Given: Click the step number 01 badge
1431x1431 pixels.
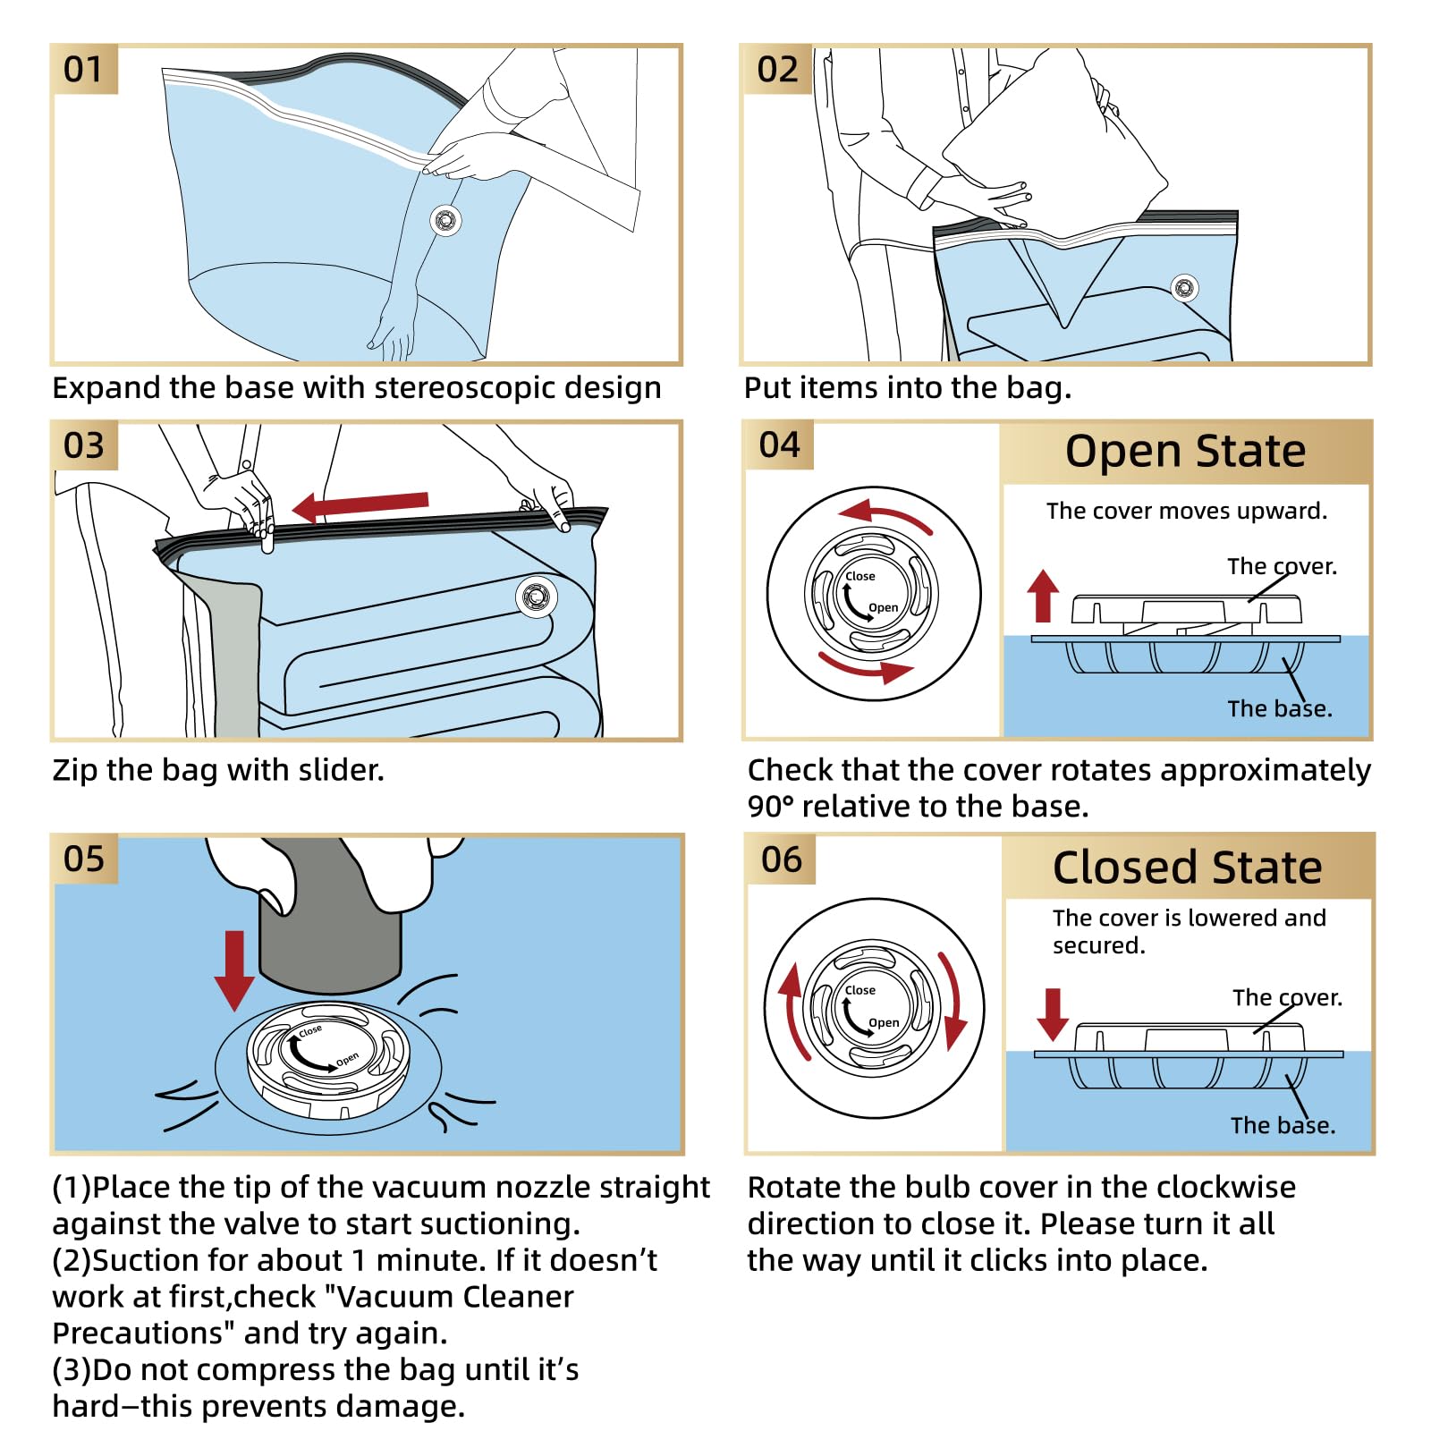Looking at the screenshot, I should coord(83,70).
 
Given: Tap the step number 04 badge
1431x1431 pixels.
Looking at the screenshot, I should coord(779,445).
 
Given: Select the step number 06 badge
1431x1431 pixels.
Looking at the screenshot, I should coord(781,859).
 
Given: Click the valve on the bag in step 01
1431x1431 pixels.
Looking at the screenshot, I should coord(445,219).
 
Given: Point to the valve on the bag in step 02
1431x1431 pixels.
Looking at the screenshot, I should coord(1184,288).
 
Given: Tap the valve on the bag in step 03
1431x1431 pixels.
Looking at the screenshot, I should coord(536,597).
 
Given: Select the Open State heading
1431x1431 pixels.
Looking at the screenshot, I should coord(1185,451).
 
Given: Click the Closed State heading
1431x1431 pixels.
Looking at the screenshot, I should coord(1187,868).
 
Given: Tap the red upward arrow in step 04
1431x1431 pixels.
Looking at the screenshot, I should coord(1043,596).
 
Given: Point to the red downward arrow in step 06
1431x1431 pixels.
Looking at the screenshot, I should coord(1053,1014).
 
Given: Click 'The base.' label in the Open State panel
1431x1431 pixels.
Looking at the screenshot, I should coord(1279,709).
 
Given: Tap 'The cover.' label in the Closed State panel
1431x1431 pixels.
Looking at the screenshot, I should coord(1287,998).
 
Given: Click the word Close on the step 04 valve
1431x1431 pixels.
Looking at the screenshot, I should coord(860,577).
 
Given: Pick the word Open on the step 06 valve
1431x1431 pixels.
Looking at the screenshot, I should coord(884,1023).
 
